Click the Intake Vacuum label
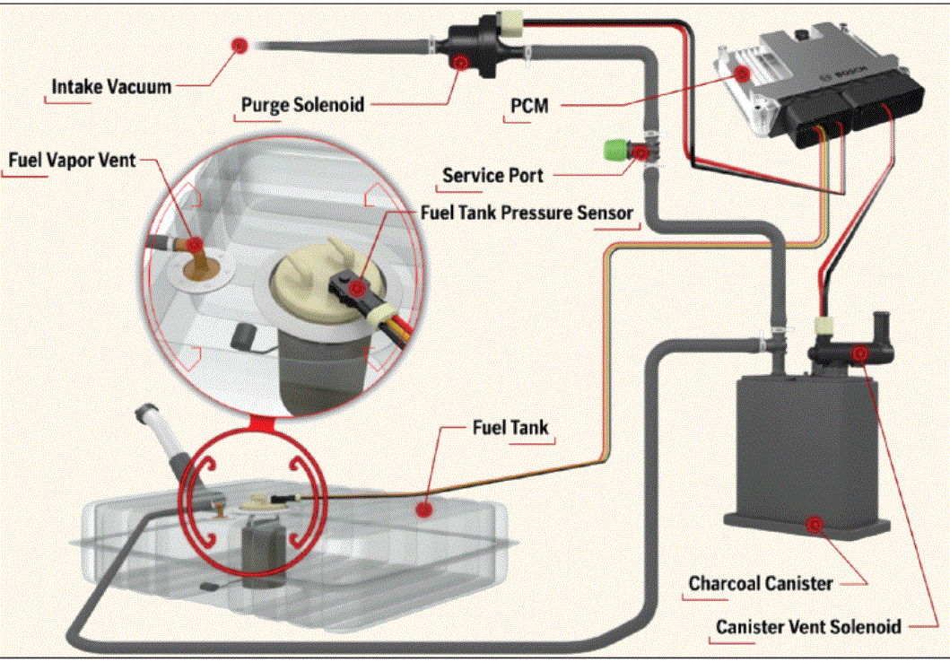point(111,87)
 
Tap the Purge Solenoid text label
point(302,104)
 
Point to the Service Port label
point(492,175)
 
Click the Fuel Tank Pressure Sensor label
point(527,213)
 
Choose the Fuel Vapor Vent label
point(72,160)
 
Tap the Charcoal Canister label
point(760,583)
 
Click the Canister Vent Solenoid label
point(807,626)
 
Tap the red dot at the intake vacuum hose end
point(240,44)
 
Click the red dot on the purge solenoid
point(461,62)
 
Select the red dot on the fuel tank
point(424,508)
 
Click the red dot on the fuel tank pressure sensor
point(360,288)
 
